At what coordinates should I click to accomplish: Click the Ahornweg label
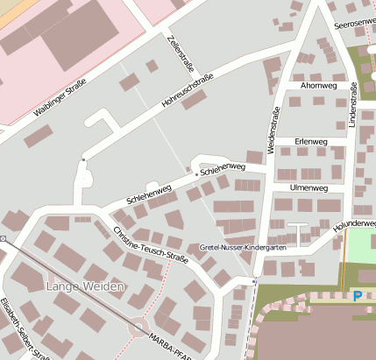[x=317, y=86]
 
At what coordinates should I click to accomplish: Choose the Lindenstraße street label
[x=354, y=108]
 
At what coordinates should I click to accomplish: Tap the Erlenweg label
[x=311, y=141]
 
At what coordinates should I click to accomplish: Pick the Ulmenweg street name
[x=308, y=187]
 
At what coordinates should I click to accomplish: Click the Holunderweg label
[x=354, y=225]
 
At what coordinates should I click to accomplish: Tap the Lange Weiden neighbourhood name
[x=86, y=286]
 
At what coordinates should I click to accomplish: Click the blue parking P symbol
[x=357, y=296]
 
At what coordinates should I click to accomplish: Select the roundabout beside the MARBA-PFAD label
[x=138, y=329]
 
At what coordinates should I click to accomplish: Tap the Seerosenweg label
[x=354, y=24]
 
